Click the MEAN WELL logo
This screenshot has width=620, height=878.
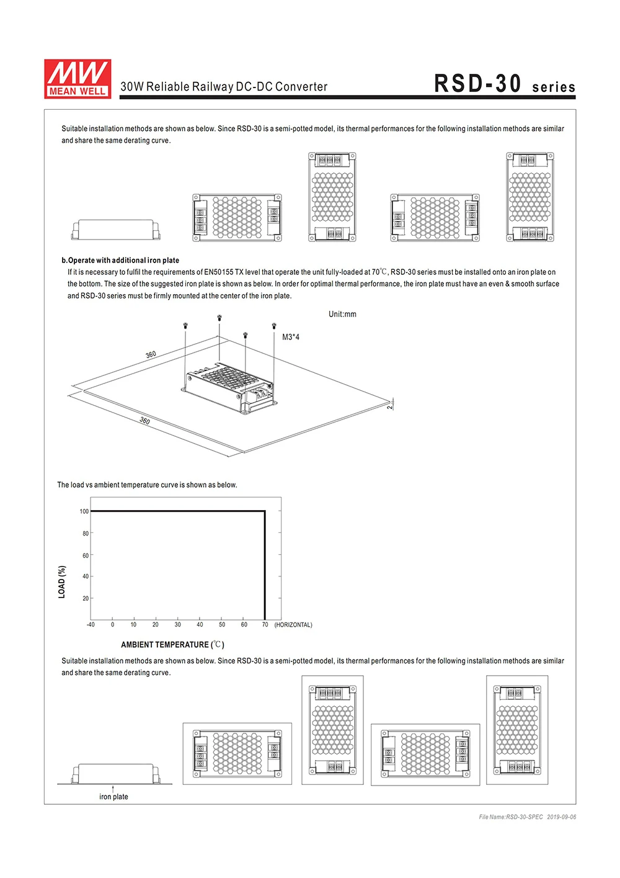pyautogui.click(x=77, y=79)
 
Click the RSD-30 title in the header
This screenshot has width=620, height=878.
pyautogui.click(x=477, y=84)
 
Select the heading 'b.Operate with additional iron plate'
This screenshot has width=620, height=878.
pyautogui.click(x=120, y=261)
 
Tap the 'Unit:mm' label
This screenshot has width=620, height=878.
pyautogui.click(x=342, y=315)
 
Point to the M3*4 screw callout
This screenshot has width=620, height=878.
pyautogui.click(x=291, y=338)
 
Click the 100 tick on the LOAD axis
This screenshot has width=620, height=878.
pyautogui.click(x=84, y=512)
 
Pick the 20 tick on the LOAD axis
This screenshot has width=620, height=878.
pyautogui.click(x=86, y=599)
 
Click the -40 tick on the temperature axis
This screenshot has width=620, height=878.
pyautogui.click(x=91, y=625)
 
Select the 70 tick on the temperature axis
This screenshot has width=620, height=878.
pyautogui.click(x=265, y=625)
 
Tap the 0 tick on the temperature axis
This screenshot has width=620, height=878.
pyautogui.click(x=112, y=625)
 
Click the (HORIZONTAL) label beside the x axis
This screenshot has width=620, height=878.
pyautogui.click(x=293, y=625)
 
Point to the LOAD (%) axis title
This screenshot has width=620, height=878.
pyautogui.click(x=61, y=581)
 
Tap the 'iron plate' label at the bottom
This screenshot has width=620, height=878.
pyautogui.click(x=113, y=797)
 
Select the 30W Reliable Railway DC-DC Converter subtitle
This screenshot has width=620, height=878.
pyautogui.click(x=224, y=87)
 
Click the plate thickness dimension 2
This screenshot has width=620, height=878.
pyautogui.click(x=389, y=406)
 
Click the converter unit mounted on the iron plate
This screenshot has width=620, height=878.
pyautogui.click(x=229, y=388)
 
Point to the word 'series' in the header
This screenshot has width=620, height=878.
pyautogui.click(x=554, y=87)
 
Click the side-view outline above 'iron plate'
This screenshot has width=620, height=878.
pyautogui.click(x=115, y=774)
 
